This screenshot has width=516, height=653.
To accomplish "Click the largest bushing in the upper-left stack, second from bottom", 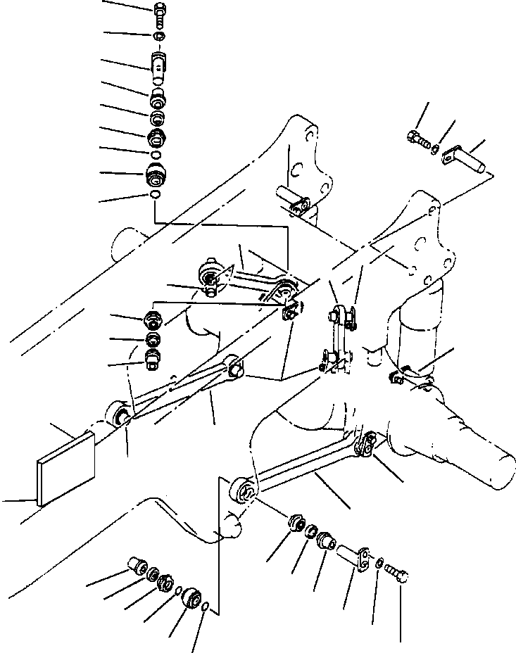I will pyautogui.click(x=156, y=175).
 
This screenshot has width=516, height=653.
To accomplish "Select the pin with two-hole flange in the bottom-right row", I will pyautogui.click(x=356, y=555).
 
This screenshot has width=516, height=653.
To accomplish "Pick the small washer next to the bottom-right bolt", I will pyautogui.click(x=380, y=563).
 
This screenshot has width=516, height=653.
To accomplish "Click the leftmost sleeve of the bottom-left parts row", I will pyautogui.click(x=136, y=566).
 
